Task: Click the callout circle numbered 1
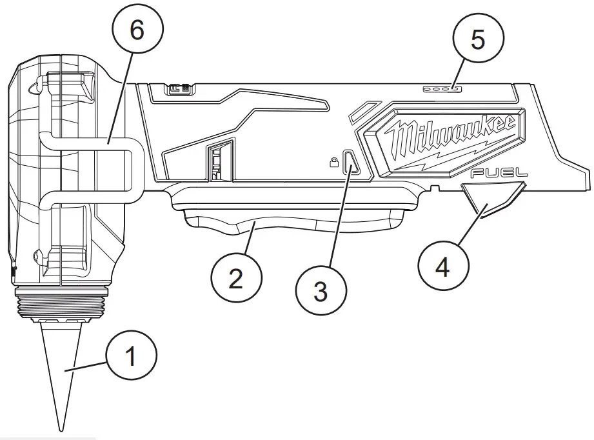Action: tap(132, 357)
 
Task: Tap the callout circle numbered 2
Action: tap(237, 278)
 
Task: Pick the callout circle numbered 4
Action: tap(443, 266)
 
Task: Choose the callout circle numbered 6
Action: tap(137, 30)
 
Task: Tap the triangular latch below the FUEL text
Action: tap(491, 196)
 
